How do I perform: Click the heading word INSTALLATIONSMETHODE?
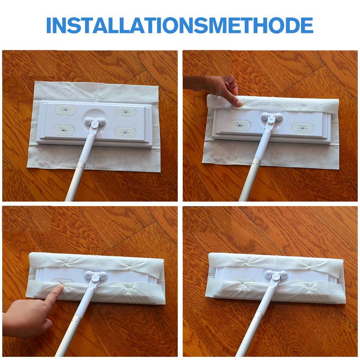[180, 25]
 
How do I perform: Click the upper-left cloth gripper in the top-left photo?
[66, 110]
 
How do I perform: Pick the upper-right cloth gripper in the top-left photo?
[126, 112]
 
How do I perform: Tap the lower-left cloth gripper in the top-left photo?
[64, 130]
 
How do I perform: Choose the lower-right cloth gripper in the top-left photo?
[126, 132]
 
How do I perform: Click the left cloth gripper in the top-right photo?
[240, 126]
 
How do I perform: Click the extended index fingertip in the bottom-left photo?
[62, 286]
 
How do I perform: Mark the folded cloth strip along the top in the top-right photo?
[273, 103]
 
